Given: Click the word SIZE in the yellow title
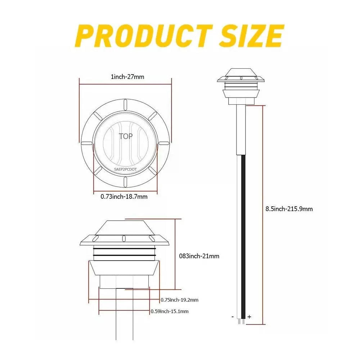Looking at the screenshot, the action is pyautogui.click(x=251, y=36).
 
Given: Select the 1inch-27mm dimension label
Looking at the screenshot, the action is pyautogui.click(x=127, y=77).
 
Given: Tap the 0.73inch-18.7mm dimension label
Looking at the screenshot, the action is pyautogui.click(x=124, y=197).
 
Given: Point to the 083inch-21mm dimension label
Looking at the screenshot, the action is pyautogui.click(x=199, y=256).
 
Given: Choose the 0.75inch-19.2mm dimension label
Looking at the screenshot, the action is pyautogui.click(x=179, y=300).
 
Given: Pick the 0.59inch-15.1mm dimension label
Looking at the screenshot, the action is pyautogui.click(x=170, y=311).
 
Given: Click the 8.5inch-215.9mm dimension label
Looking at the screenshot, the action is pyautogui.click(x=289, y=209).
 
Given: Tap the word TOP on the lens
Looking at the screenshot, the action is pyautogui.click(x=126, y=136).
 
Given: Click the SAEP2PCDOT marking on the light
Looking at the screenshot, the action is pyautogui.click(x=125, y=170).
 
